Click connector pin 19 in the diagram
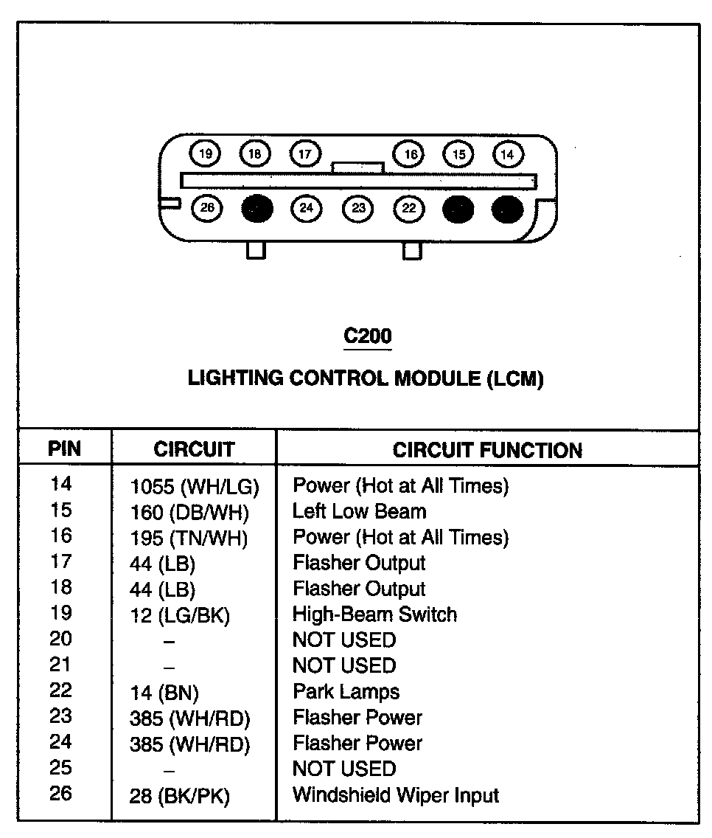coord(206,154)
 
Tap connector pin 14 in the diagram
coord(507,154)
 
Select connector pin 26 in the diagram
coord(207,209)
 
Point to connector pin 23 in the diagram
coord(358,209)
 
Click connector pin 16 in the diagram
coord(410,154)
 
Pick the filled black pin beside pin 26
coord(257,209)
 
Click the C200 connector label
coord(368,336)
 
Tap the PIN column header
coord(64,449)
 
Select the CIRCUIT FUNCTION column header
coord(487,450)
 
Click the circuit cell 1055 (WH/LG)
coord(194,487)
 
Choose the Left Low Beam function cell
coord(359,510)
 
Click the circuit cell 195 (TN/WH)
coord(189,539)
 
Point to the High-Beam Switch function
coord(374,614)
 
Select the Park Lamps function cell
coord(346,692)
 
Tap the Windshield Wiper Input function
coord(396,795)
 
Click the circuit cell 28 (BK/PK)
coord(180,797)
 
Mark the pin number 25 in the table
coord(61,768)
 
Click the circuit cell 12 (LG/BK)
coord(180,616)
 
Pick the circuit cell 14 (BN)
coord(164,693)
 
